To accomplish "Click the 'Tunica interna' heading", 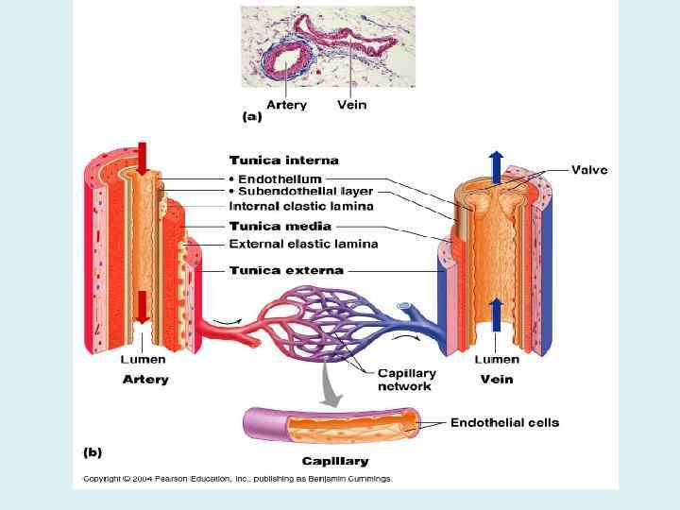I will click(x=283, y=161).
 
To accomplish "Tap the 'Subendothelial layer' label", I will click(x=299, y=192).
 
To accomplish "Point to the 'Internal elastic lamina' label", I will click(x=300, y=206).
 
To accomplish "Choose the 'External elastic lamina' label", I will click(x=303, y=244).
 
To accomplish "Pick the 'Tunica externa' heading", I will click(x=286, y=270).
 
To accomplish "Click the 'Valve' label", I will click(x=589, y=170).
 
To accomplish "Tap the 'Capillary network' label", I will click(x=404, y=379).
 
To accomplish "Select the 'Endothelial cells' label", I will click(x=504, y=422).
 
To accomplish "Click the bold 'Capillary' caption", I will click(x=334, y=462).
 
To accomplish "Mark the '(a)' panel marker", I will click(x=251, y=118).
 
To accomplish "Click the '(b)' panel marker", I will click(x=92, y=452).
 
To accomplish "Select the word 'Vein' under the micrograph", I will click(x=351, y=105).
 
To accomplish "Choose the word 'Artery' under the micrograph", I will click(x=286, y=105).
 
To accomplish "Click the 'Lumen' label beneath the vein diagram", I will click(x=496, y=359).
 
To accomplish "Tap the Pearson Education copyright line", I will click(x=236, y=479).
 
